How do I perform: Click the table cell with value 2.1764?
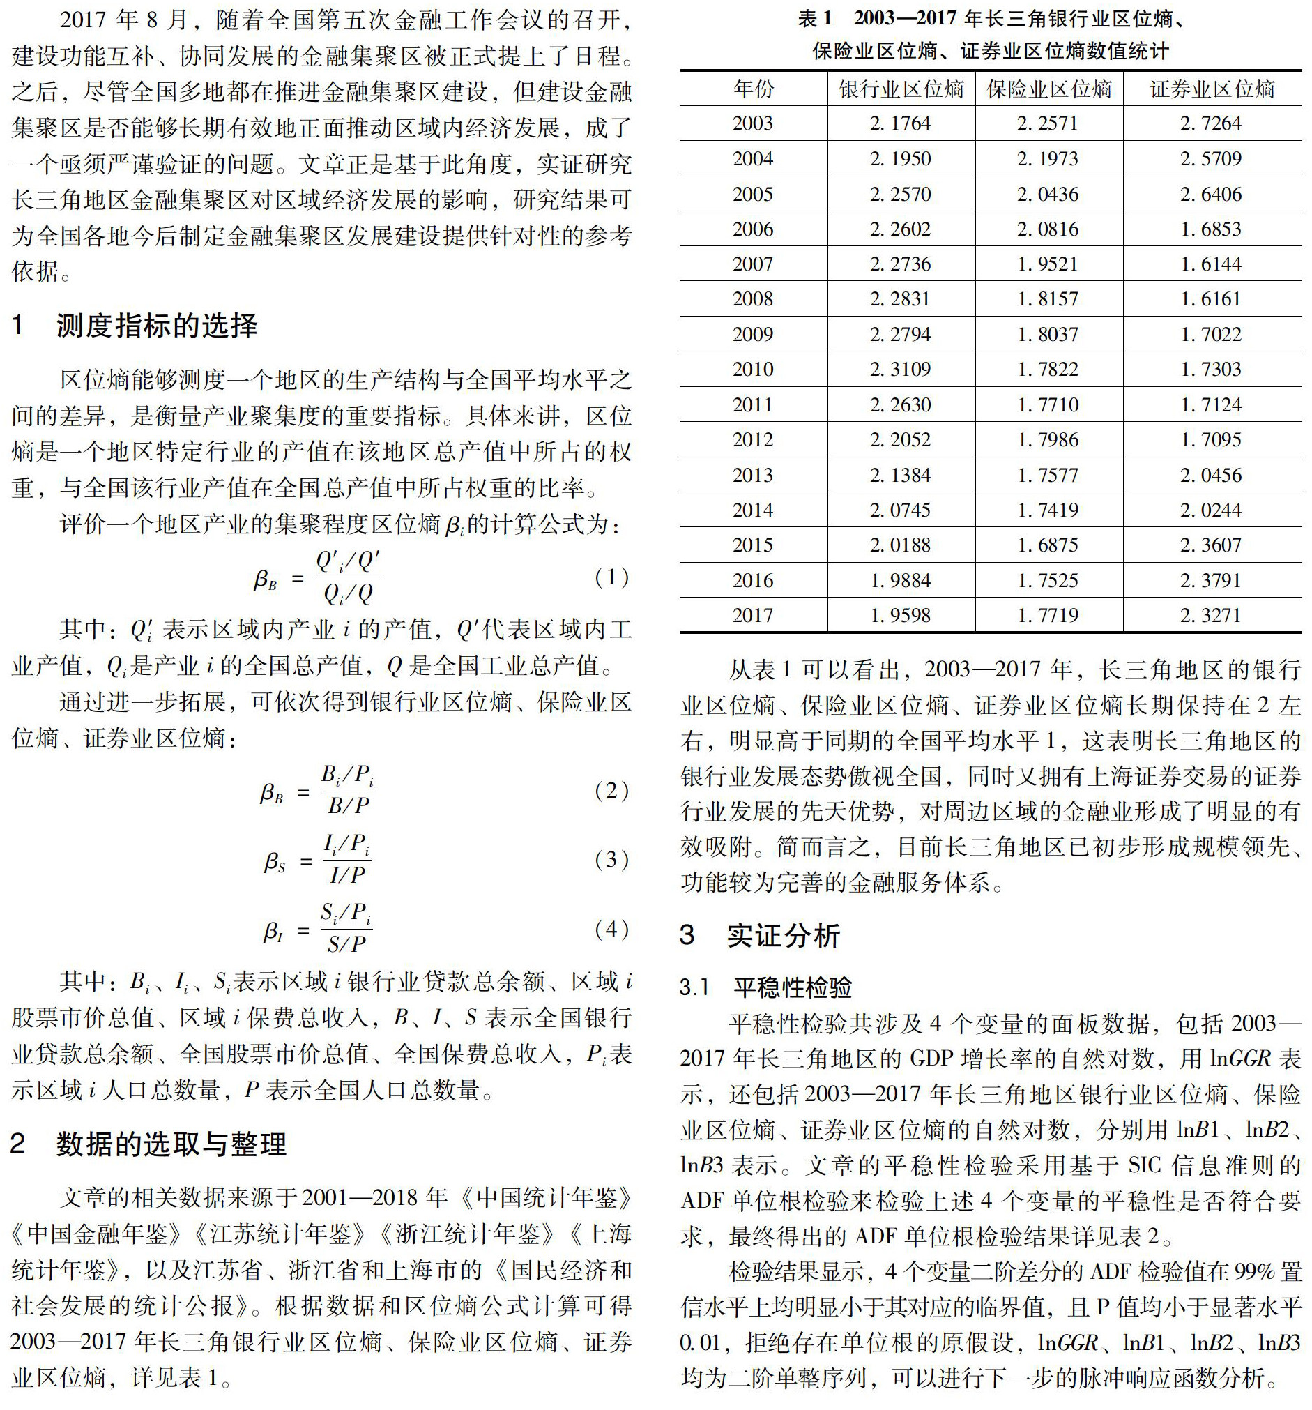tap(900, 123)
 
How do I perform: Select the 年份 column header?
tap(753, 89)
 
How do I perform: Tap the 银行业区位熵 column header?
tap(901, 89)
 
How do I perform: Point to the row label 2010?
tap(753, 370)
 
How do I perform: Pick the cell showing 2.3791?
tap(1211, 581)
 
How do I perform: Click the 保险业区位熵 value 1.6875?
tap(1048, 545)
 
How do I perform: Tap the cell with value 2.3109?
tap(900, 370)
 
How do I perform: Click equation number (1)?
tap(612, 577)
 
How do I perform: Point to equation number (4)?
tap(612, 929)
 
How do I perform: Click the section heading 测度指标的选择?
tap(157, 326)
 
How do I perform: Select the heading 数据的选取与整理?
tap(171, 1144)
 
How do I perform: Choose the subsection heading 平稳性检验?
tap(792, 987)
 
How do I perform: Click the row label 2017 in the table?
tap(753, 616)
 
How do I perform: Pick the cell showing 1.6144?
tap(1211, 264)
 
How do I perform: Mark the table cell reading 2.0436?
tap(1048, 195)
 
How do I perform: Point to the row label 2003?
tap(753, 123)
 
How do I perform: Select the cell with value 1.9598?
tap(900, 616)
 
